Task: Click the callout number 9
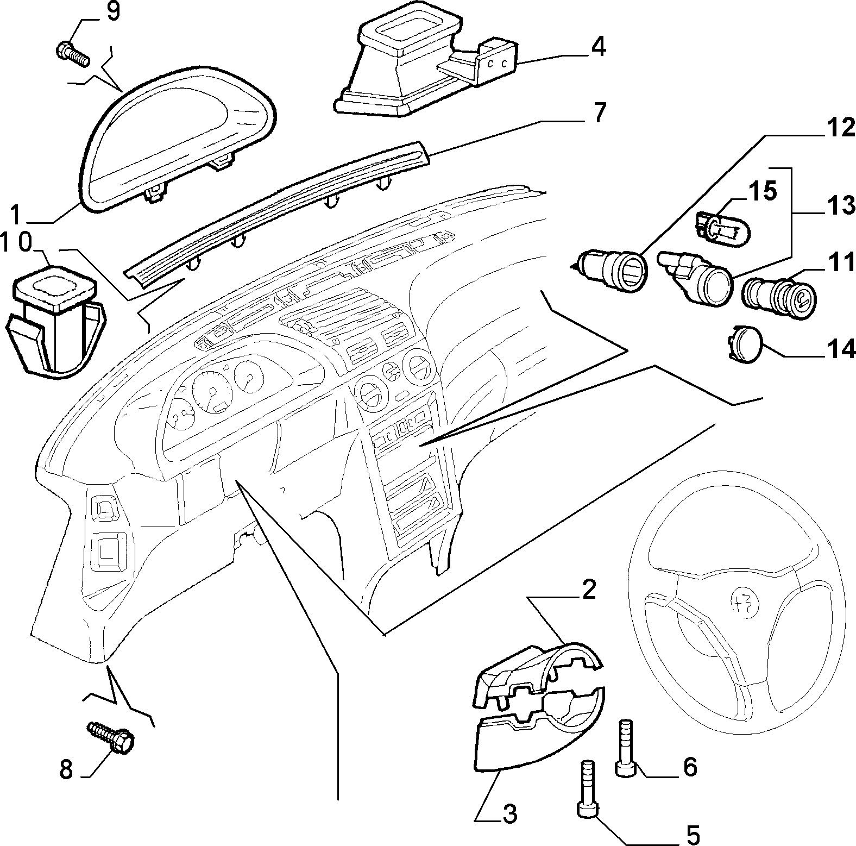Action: [x=112, y=12]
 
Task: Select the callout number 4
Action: [x=597, y=47]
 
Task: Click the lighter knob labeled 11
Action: [x=779, y=293]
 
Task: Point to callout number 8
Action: [x=66, y=769]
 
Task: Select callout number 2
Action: [x=589, y=590]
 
